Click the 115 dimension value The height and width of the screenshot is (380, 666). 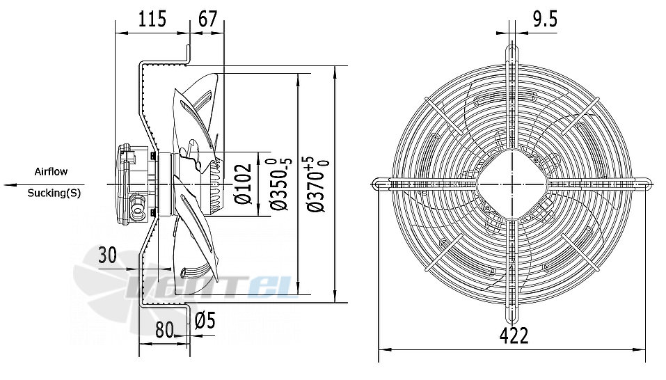pyautogui.click(x=152, y=19)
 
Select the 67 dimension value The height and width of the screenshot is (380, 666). pyautogui.click(x=207, y=19)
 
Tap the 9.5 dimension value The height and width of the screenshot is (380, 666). pyautogui.click(x=545, y=19)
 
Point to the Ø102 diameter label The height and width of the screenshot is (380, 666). pyautogui.click(x=244, y=184)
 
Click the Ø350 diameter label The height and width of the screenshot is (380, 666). pyautogui.click(x=281, y=184)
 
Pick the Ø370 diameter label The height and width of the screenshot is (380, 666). pyautogui.click(x=318, y=184)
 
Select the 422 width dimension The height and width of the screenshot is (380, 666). pyautogui.click(x=514, y=336)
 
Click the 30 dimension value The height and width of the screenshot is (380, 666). pyautogui.click(x=107, y=255)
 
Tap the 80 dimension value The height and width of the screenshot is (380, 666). pyautogui.click(x=165, y=329)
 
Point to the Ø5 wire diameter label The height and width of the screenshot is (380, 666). pyautogui.click(x=205, y=321)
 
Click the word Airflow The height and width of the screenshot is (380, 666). pyautogui.click(x=51, y=171)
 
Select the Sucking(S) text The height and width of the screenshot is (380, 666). pyautogui.click(x=54, y=193)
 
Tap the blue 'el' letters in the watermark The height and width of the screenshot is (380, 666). pyautogui.click(x=269, y=286)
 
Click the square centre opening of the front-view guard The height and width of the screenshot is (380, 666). pyautogui.click(x=513, y=184)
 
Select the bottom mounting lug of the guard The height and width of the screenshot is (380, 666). pyautogui.click(x=512, y=314)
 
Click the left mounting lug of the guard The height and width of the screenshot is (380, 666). pyautogui.click(x=381, y=184)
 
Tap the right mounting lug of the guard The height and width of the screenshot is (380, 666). pyautogui.click(x=643, y=184)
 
